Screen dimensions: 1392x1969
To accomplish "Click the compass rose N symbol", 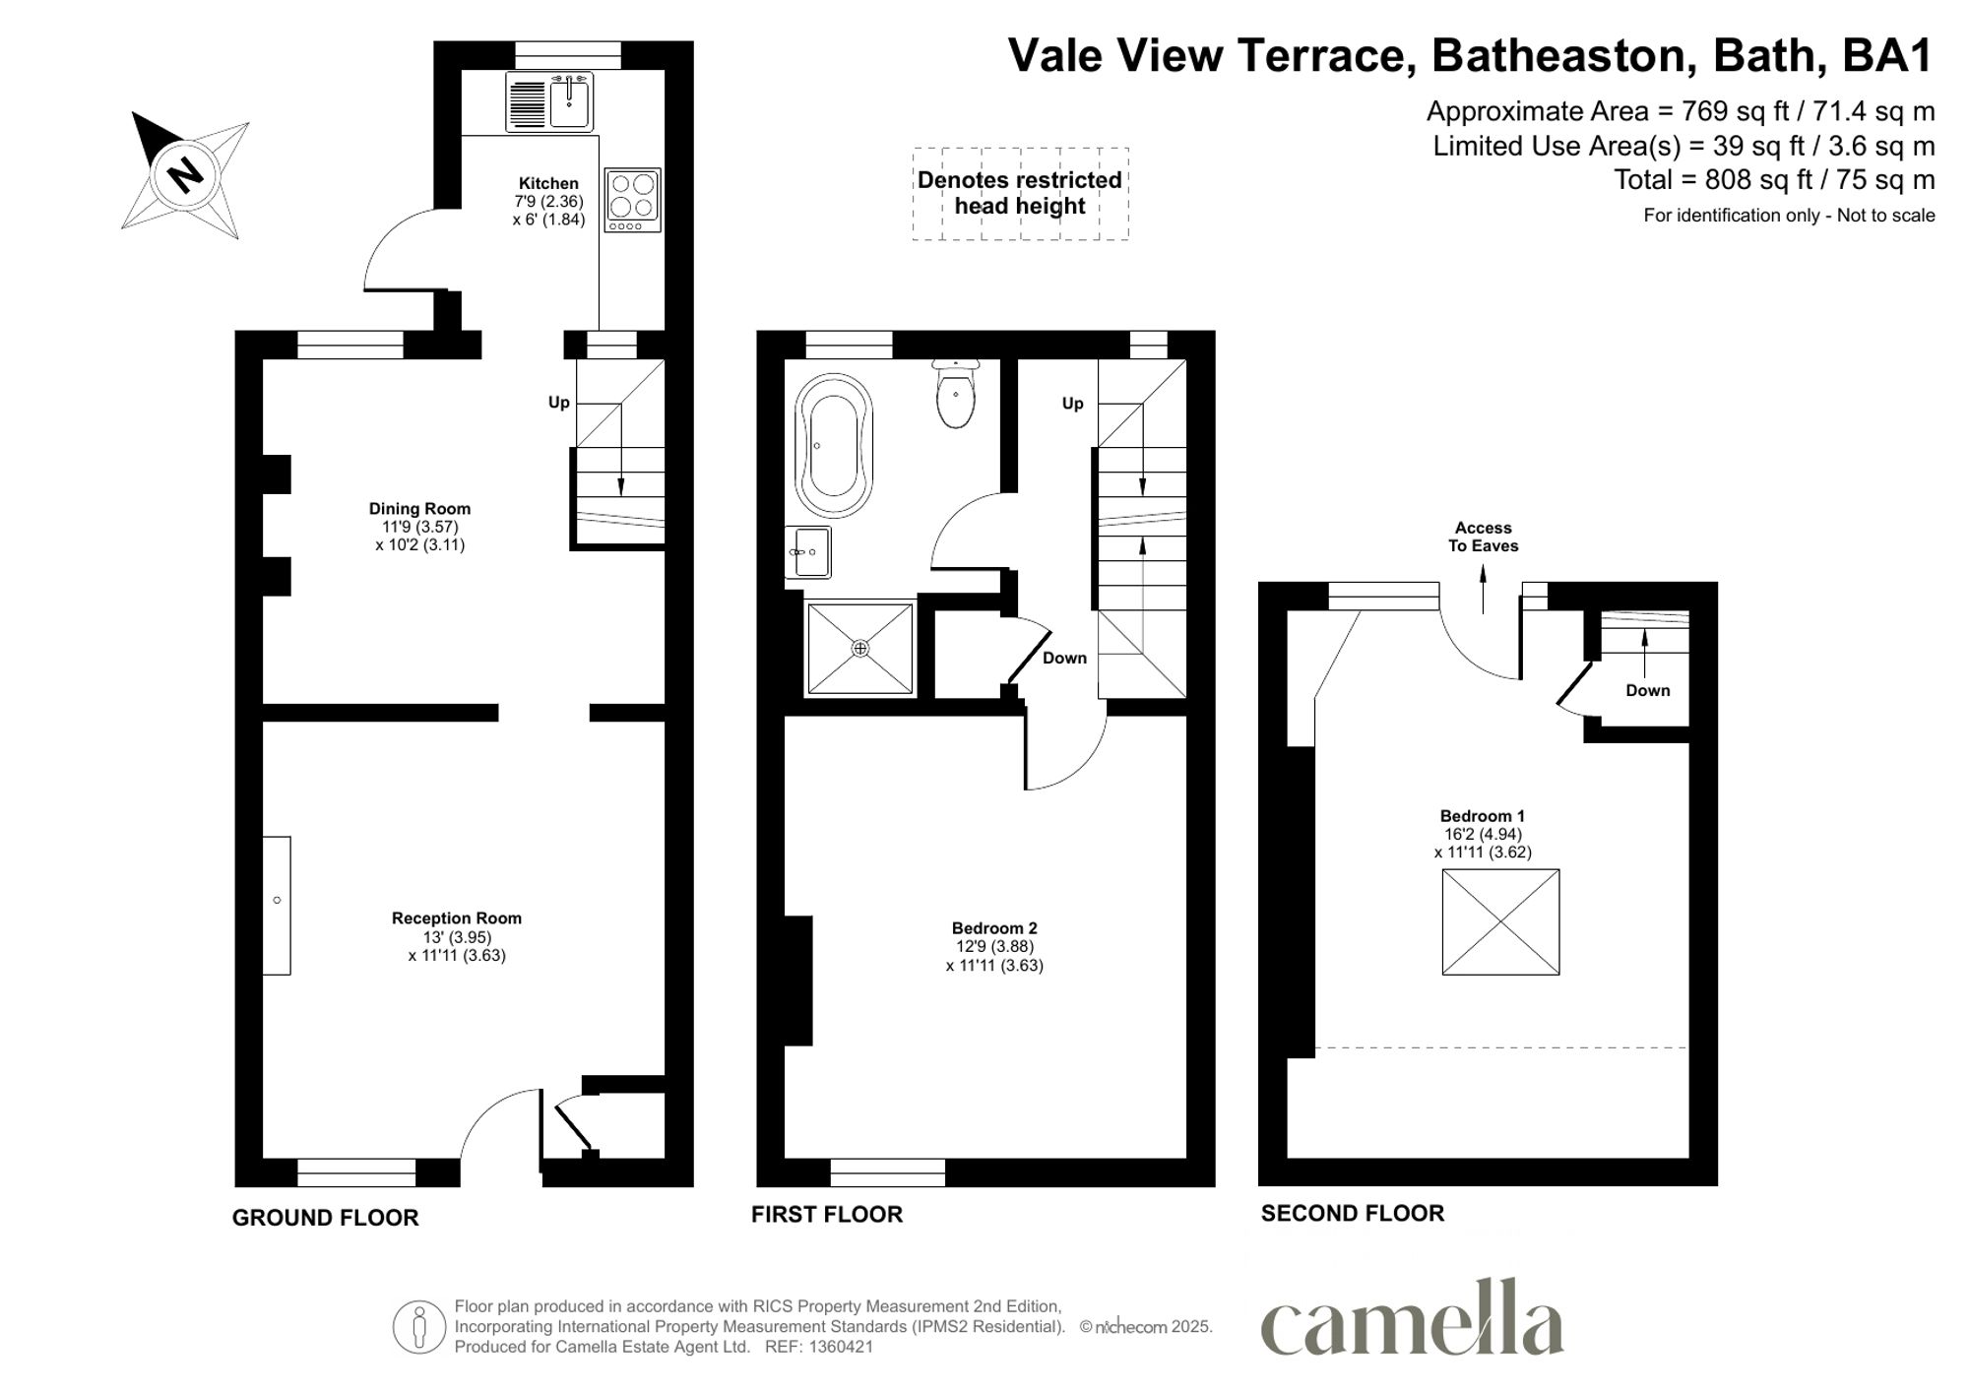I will [184, 175].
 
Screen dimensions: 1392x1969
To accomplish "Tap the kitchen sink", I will [570, 101].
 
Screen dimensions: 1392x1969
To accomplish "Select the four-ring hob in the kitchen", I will [632, 199].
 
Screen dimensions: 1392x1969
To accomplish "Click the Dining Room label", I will [419, 509].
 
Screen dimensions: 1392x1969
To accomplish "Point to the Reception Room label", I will [457, 918].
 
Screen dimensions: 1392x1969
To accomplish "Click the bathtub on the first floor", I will [833, 445].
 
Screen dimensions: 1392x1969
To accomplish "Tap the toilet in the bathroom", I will [956, 394].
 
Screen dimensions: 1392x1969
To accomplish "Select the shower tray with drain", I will [860, 648].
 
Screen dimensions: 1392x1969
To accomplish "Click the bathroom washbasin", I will [809, 552].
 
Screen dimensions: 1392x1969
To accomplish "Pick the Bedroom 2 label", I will [994, 928].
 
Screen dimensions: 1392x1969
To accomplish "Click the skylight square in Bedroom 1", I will [1500, 921].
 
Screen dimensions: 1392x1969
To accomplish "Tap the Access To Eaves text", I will [1483, 537].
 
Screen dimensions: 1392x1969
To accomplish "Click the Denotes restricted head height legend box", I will [1020, 194].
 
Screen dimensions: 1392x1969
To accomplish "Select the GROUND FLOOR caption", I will [325, 1218].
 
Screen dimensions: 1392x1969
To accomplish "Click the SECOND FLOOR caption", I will [1352, 1214].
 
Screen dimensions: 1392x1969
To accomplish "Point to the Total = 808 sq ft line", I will [1773, 180].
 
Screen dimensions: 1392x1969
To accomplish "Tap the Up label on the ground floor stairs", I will [558, 402].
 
